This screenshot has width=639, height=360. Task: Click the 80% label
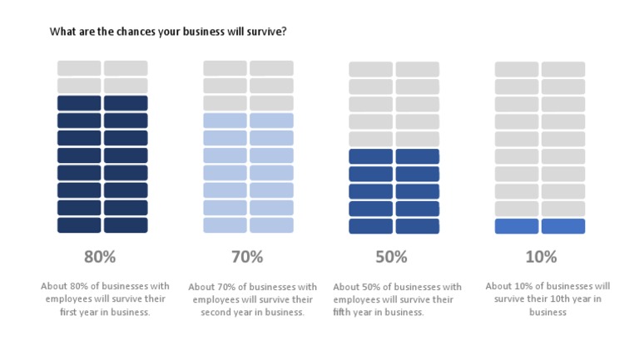point(100,256)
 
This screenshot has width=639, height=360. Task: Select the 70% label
point(247,256)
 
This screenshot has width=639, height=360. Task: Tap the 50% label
point(391,256)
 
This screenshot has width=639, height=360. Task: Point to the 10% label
point(541,256)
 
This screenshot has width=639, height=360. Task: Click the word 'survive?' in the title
point(265,32)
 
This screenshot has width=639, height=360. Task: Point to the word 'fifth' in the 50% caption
point(364,313)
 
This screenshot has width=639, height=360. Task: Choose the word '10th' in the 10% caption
point(567,299)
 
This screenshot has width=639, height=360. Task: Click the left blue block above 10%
point(517,226)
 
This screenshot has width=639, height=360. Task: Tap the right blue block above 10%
point(563,226)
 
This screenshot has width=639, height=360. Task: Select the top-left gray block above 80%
point(79,68)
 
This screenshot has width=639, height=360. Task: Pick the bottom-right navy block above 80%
point(126,225)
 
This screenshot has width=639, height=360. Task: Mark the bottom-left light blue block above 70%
point(225,225)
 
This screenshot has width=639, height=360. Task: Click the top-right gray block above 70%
point(271,68)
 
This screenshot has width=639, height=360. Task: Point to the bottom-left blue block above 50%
point(370,226)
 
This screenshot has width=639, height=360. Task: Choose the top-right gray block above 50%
point(417,69)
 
